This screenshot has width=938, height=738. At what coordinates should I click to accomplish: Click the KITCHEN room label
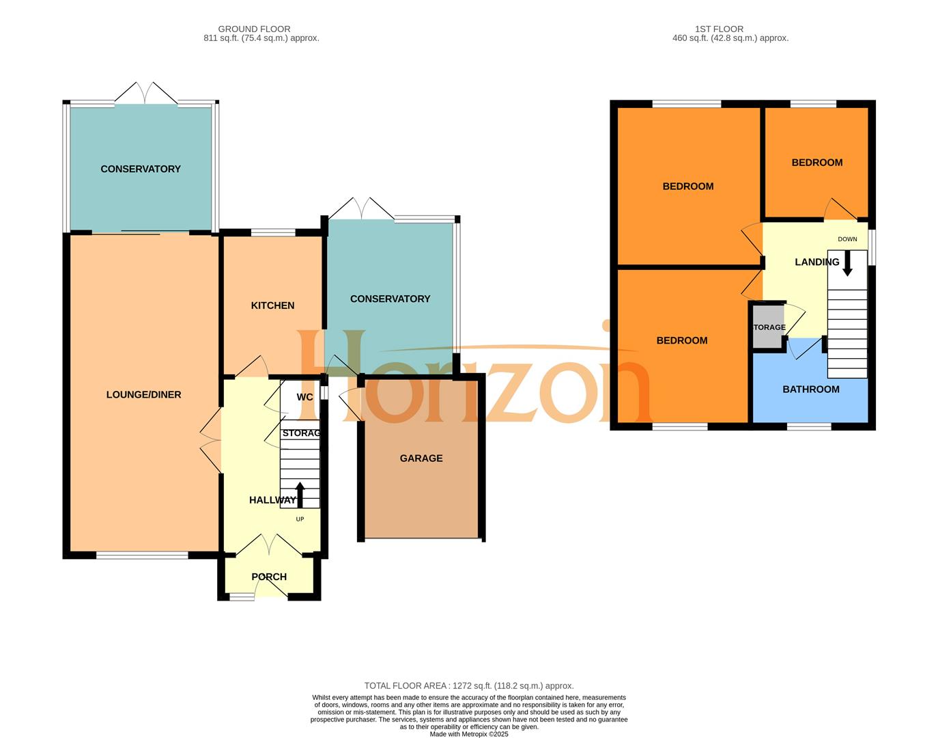click(272, 305)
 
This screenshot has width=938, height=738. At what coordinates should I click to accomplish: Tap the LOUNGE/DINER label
click(143, 394)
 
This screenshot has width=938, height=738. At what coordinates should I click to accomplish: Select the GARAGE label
click(421, 459)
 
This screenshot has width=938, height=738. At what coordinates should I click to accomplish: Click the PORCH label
click(269, 577)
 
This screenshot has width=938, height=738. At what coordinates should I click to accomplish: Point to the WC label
click(304, 397)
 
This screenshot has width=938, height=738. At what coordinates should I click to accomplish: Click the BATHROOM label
click(810, 389)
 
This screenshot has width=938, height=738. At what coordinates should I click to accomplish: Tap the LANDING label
click(816, 262)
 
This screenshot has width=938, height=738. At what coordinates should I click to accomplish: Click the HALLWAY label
click(272, 500)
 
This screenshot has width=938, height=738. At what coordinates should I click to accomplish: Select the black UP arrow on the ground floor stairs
click(300, 494)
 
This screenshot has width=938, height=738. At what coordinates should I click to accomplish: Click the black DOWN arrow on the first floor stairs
click(847, 264)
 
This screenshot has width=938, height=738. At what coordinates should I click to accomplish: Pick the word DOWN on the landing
click(847, 239)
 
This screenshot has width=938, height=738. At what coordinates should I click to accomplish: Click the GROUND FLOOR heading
click(254, 29)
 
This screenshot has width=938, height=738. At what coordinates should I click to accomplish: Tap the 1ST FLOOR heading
click(719, 29)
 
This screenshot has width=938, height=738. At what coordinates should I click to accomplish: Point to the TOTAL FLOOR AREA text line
click(468, 685)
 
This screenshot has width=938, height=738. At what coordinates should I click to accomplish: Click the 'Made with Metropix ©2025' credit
click(468, 734)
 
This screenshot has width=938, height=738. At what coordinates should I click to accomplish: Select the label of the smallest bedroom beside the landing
click(816, 163)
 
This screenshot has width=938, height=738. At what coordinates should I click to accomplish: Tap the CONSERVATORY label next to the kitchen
click(390, 299)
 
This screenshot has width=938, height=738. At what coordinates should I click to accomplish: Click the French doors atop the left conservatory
click(146, 94)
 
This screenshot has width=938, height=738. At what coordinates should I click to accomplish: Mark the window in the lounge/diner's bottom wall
click(142, 556)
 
